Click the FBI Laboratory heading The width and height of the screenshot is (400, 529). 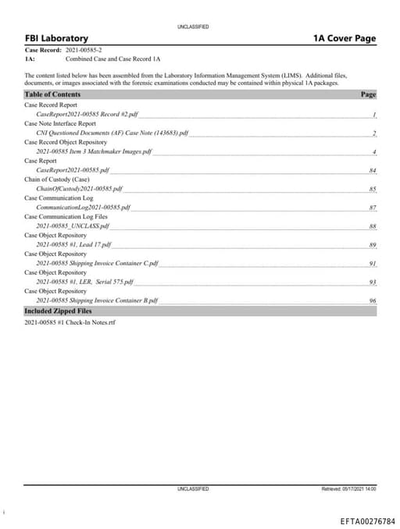tap(56, 39)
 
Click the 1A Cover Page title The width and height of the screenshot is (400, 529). tap(344, 39)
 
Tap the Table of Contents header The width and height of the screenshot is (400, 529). tap(52, 94)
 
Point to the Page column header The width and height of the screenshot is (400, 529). tap(368, 94)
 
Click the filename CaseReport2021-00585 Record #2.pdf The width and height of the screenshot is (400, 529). tap(87, 114)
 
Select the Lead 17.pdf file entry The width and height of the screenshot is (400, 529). tap(74, 245)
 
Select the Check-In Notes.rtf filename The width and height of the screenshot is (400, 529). tap(70, 321)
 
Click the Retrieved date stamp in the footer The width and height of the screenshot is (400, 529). tap(348, 489)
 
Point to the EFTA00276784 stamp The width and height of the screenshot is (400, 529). tap(367, 520)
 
